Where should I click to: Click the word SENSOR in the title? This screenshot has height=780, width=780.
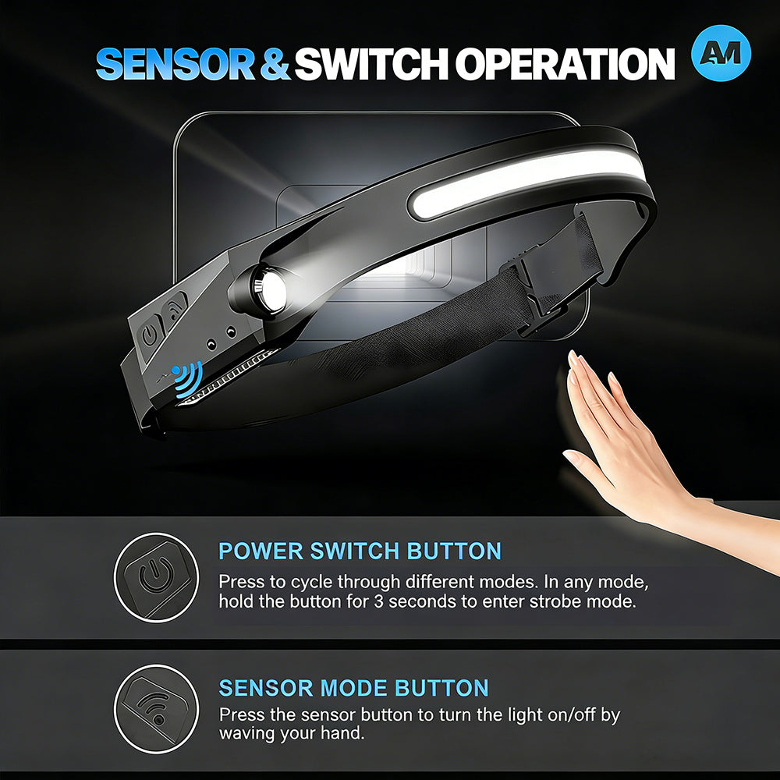tap(175, 64)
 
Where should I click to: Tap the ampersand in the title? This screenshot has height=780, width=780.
tap(274, 64)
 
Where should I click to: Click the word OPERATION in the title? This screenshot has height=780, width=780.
tap(565, 64)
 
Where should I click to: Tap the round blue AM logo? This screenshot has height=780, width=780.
tap(721, 53)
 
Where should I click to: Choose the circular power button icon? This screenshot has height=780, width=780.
tap(156, 577)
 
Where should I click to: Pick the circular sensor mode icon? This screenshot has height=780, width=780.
tap(156, 709)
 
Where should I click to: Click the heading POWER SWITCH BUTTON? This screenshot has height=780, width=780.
tap(360, 551)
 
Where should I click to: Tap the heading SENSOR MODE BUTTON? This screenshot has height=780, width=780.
tap(353, 688)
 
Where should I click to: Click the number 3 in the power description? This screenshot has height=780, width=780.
tap(379, 601)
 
